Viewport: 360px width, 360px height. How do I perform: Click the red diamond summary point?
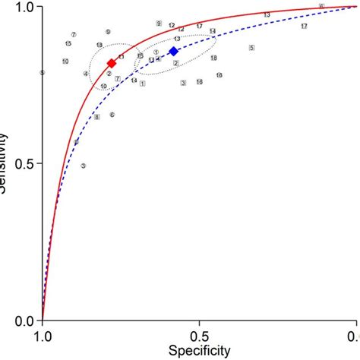coord(112,63)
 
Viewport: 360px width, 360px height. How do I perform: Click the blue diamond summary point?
coord(173,51)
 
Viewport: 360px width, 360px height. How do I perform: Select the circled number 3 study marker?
coord(84,166)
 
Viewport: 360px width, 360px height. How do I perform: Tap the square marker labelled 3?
coord(184,83)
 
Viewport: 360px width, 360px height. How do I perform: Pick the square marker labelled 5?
coord(251,48)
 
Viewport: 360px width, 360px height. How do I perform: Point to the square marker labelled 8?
coord(96,117)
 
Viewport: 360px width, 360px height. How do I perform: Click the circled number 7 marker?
coord(74,34)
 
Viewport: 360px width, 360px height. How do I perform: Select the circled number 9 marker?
coord(108,32)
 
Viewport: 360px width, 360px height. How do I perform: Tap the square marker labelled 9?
coord(158,24)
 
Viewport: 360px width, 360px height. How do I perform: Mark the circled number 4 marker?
coord(86,74)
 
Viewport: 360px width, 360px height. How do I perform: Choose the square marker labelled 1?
coord(142,84)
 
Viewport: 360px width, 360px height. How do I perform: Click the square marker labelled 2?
coord(175,63)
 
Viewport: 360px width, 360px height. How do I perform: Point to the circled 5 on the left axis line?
coord(43,73)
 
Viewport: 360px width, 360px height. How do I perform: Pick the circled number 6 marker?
coord(112,115)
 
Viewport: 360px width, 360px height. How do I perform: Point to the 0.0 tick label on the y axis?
coord(25,321)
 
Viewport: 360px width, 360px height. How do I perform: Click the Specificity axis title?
coord(199,351)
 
